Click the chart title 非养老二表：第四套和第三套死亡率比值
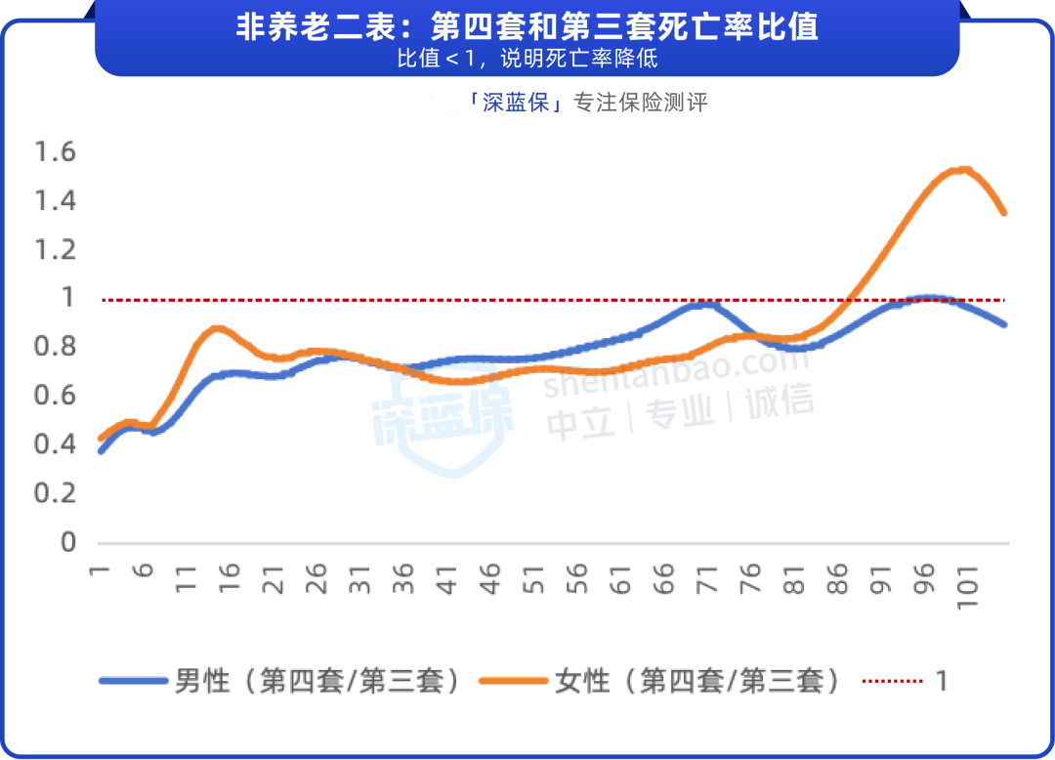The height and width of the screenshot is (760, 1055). click(x=527, y=26)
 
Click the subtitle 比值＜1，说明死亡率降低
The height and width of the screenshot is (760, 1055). click(x=527, y=58)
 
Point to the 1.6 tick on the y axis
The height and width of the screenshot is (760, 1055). click(x=55, y=151)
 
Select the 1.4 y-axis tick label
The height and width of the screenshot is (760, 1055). click(x=55, y=201)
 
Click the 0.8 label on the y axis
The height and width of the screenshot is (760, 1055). click(x=55, y=346)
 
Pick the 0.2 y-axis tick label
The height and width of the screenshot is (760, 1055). click(x=55, y=492)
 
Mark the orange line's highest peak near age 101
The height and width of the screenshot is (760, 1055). click(x=963, y=170)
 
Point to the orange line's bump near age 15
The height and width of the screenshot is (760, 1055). click(x=217, y=329)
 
